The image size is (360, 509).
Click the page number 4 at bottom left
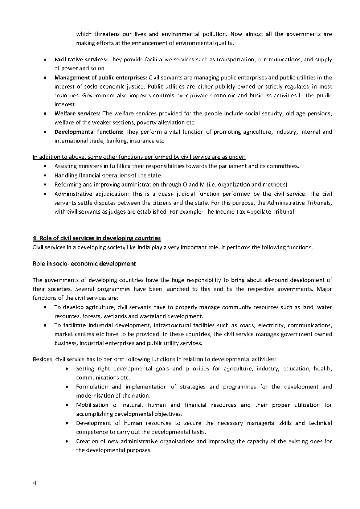[34, 483]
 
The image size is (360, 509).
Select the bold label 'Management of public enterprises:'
[101, 77]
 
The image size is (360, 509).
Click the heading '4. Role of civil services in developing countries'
[97, 238]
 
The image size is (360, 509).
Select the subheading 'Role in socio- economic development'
[84, 264]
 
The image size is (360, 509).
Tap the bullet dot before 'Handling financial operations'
[45, 176]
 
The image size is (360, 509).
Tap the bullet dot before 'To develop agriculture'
[45, 307]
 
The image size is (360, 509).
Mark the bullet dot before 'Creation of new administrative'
[66, 442]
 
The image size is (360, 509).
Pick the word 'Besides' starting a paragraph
[43, 360]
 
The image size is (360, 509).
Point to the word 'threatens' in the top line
[107, 34]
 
